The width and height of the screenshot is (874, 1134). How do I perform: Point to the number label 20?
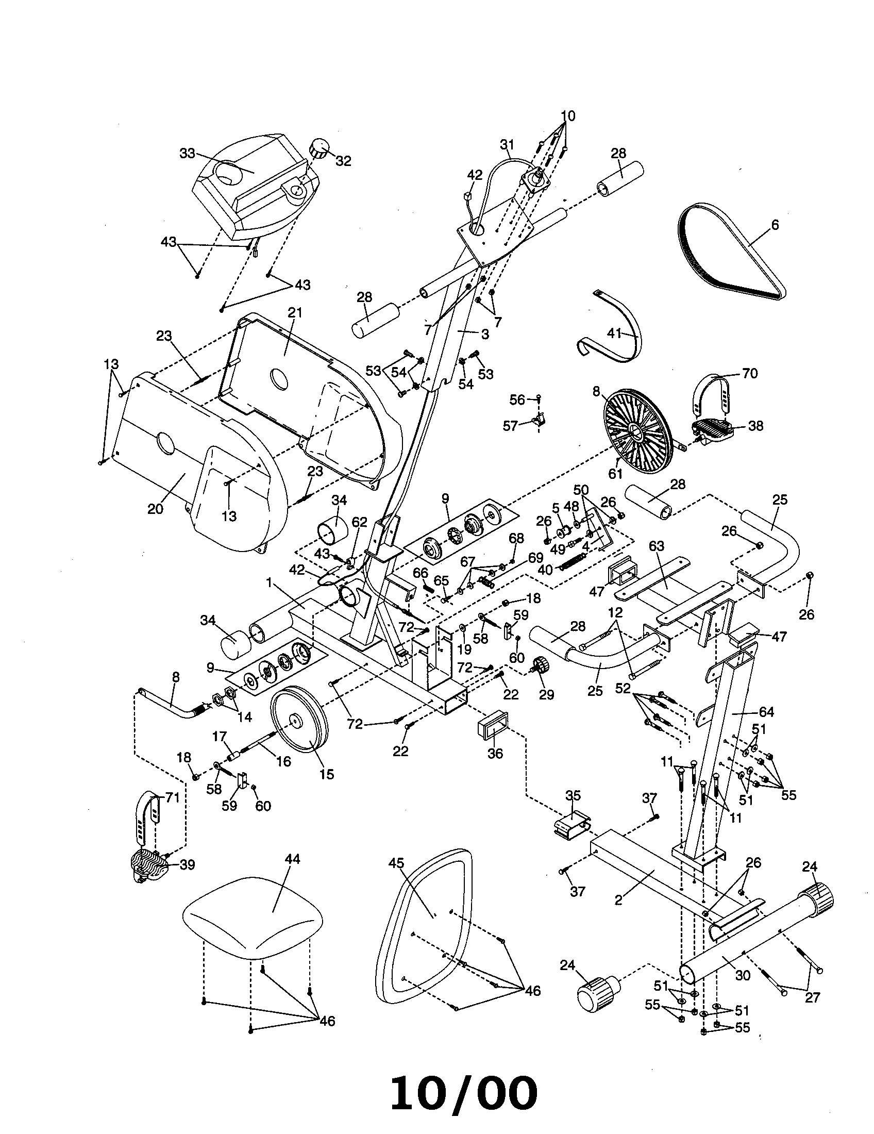pyautogui.click(x=155, y=509)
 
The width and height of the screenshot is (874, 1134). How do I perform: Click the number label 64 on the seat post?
pyautogui.click(x=766, y=712)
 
